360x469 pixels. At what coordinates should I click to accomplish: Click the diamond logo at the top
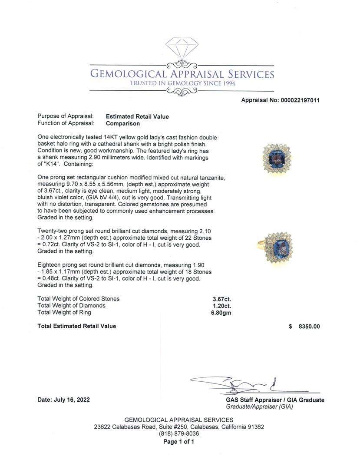pyautogui.click(x=182, y=49)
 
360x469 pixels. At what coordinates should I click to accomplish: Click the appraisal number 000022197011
pyautogui.click(x=281, y=100)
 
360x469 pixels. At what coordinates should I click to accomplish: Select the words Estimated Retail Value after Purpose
pyautogui.click(x=137, y=116)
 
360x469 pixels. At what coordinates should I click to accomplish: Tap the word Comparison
pyautogui.click(x=123, y=123)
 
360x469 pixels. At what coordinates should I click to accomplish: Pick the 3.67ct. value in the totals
pyautogui.click(x=221, y=299)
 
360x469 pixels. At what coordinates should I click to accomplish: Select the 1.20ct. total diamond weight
pyautogui.click(x=221, y=306)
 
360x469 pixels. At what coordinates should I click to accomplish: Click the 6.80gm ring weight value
pyautogui.click(x=221, y=313)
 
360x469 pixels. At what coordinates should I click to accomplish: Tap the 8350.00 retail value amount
pyautogui.click(x=309, y=327)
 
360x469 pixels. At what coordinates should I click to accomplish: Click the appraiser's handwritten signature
pyautogui.click(x=243, y=384)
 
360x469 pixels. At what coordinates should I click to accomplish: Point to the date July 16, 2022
pyautogui.click(x=64, y=400)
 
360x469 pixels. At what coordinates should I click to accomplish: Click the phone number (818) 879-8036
pyautogui.click(x=179, y=434)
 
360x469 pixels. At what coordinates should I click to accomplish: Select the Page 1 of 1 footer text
pyautogui.click(x=178, y=442)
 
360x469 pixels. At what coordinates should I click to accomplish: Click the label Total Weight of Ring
pyautogui.click(x=64, y=313)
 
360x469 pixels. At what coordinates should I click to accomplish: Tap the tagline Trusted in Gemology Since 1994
pyautogui.click(x=182, y=84)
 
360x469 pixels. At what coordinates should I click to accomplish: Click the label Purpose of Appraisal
pyautogui.click(x=66, y=116)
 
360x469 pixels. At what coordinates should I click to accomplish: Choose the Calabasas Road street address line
pyautogui.click(x=179, y=427)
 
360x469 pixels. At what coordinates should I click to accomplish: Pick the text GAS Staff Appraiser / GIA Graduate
pyautogui.click(x=275, y=400)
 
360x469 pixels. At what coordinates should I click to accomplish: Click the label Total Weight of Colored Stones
pyautogui.click(x=79, y=299)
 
